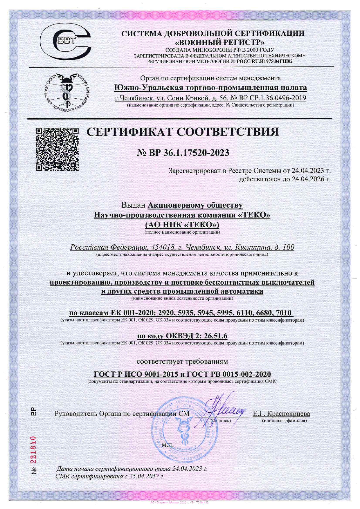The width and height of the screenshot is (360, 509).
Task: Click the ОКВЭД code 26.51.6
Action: pyautogui.click(x=215, y=336)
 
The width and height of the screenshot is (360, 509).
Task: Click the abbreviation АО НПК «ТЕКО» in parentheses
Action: pyautogui.click(x=182, y=225)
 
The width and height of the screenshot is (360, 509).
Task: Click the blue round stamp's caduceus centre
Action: pyautogui.click(x=183, y=434)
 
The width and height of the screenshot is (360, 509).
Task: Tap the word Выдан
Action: pyautogui.click(x=133, y=205)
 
